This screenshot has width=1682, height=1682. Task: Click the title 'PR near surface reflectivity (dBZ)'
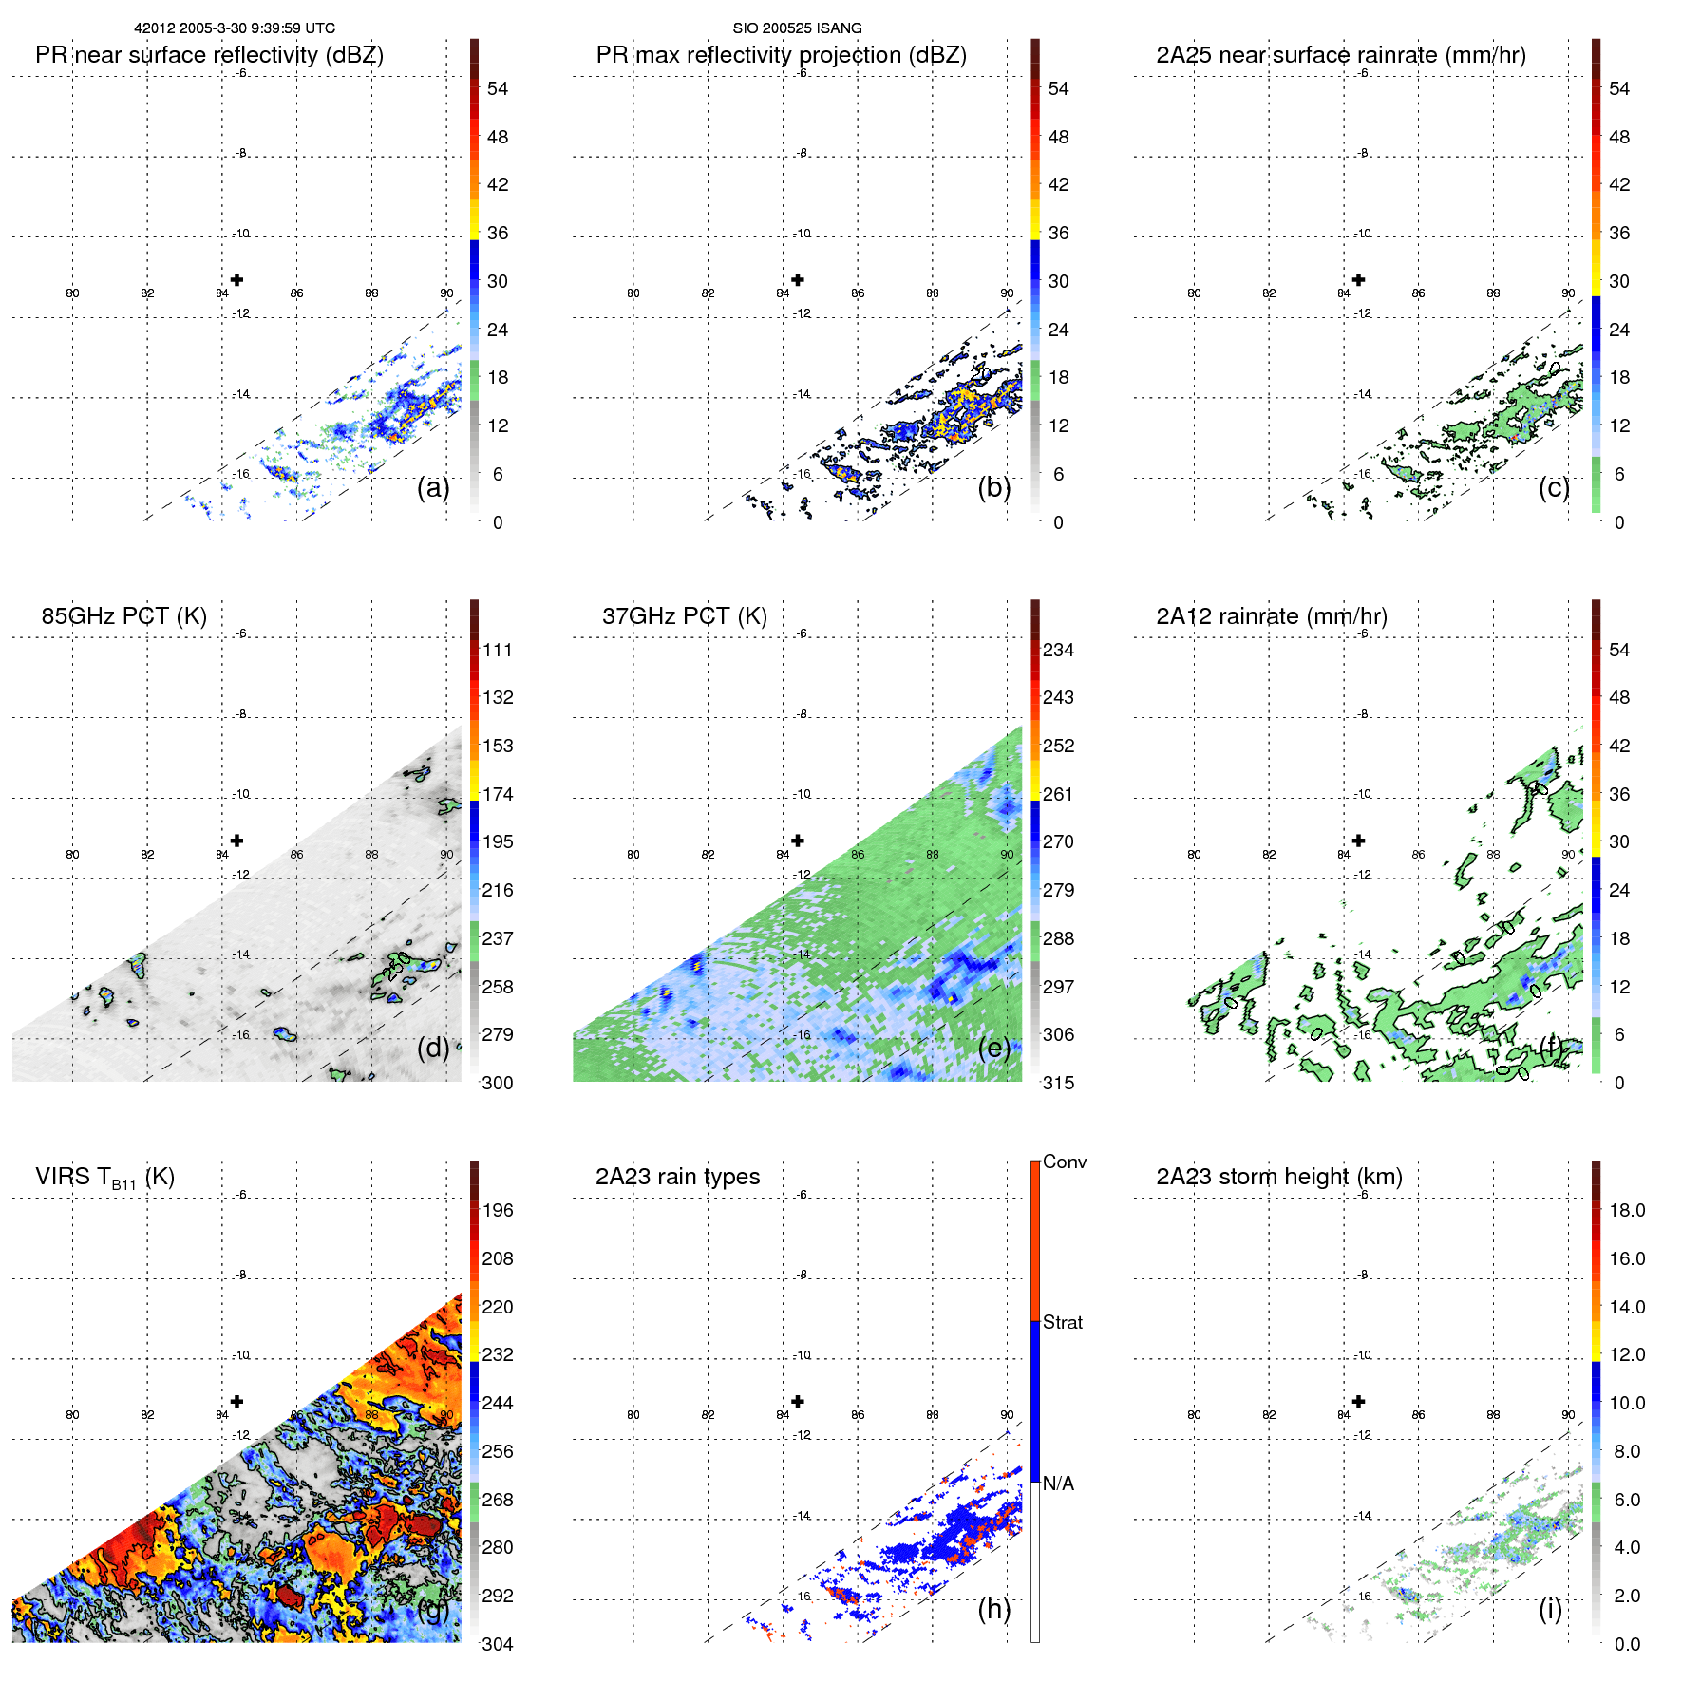click(x=209, y=55)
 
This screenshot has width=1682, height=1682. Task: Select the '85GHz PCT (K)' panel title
click(x=123, y=616)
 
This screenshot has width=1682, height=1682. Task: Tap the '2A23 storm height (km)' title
click(x=1278, y=1177)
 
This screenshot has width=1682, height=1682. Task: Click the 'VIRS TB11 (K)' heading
click(x=104, y=1178)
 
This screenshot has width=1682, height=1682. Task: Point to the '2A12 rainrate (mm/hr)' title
click(x=1271, y=616)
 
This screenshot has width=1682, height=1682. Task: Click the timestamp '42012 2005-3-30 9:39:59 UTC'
click(x=234, y=28)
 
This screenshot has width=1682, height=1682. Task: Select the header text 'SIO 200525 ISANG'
click(x=797, y=28)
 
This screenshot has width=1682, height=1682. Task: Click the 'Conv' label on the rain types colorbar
click(x=1064, y=1162)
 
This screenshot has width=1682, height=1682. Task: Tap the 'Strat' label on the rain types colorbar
click(x=1062, y=1323)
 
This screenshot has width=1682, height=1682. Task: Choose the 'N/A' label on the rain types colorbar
click(x=1058, y=1484)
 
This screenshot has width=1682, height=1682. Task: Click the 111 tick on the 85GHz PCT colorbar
click(x=497, y=651)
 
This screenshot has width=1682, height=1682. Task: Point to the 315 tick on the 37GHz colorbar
click(x=1058, y=1083)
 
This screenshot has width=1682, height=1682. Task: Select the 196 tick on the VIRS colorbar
click(x=497, y=1211)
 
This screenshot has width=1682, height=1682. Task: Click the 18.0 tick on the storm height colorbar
click(x=1626, y=1211)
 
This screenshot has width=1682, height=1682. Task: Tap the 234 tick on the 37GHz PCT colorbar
click(x=1058, y=651)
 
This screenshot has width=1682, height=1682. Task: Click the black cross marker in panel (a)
click(x=236, y=279)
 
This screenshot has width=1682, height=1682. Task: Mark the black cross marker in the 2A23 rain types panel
click(x=798, y=1402)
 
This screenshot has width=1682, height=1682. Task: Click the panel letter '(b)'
click(x=993, y=488)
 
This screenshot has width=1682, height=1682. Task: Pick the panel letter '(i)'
click(x=1550, y=1609)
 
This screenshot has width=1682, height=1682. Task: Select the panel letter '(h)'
click(x=993, y=1609)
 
